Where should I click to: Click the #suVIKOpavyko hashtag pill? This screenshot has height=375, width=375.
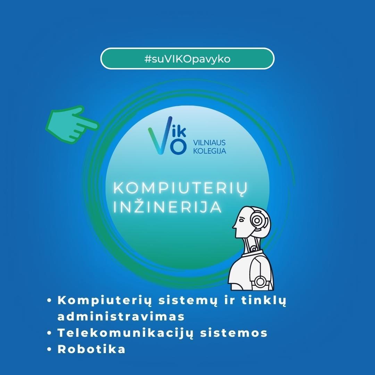click(x=187, y=59)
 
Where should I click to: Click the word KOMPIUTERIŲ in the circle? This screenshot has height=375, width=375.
click(x=181, y=188)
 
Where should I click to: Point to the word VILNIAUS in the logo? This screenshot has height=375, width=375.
click(x=209, y=143)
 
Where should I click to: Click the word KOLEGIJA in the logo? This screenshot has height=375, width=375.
click(x=209, y=151)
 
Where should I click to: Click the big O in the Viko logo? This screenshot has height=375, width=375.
click(x=178, y=147)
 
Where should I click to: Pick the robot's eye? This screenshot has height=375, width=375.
click(x=241, y=219)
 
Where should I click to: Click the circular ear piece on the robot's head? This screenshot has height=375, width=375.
click(x=257, y=220)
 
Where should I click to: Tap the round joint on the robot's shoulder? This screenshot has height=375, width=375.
click(x=260, y=282)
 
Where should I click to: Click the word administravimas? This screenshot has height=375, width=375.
click(x=121, y=317)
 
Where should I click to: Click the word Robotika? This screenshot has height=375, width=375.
click(x=91, y=349)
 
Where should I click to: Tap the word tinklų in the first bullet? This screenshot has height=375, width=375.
click(x=264, y=301)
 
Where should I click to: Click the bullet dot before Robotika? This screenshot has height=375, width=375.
click(x=50, y=349)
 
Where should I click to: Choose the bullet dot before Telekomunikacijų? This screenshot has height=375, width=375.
click(x=50, y=333)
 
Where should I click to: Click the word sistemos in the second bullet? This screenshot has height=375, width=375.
click(x=234, y=333)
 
